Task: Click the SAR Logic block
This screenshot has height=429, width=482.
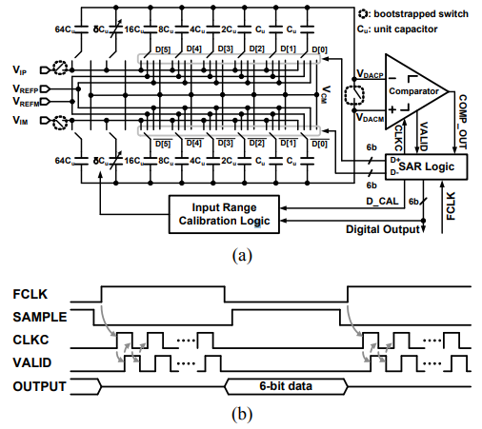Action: click(426, 166)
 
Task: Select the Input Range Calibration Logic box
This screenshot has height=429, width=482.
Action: click(224, 214)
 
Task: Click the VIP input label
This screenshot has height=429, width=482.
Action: click(19, 69)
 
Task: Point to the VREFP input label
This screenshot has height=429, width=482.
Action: click(26, 88)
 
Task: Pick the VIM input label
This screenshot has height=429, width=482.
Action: click(20, 121)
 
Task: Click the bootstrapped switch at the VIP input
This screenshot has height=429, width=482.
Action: click(59, 68)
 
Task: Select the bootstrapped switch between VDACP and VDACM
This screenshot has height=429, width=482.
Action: click(354, 94)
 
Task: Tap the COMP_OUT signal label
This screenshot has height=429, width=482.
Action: click(463, 122)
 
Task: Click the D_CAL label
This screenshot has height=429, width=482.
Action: click(382, 202)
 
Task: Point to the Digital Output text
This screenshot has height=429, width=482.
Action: click(383, 229)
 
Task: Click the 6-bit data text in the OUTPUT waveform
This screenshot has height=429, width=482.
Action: click(286, 386)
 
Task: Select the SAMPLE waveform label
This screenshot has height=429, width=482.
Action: click(40, 317)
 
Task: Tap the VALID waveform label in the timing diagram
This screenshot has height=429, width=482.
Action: click(32, 362)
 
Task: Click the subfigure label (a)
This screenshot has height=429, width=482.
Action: click(242, 256)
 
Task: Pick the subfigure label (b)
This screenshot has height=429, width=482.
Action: click(242, 415)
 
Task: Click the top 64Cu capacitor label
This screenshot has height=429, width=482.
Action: click(65, 29)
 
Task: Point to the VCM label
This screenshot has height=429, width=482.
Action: click(326, 94)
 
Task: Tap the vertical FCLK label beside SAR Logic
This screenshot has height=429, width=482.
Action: click(451, 205)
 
